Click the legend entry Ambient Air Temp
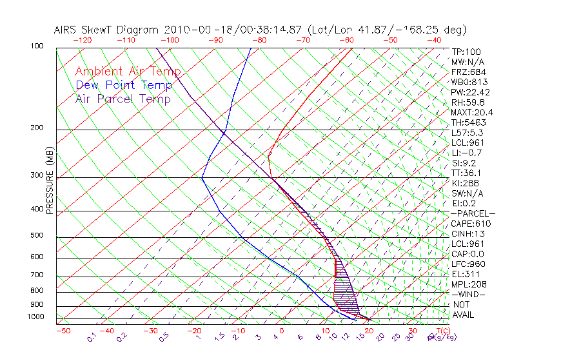click(x=128, y=72)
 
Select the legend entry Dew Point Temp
click(x=123, y=85)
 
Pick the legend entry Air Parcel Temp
click(x=123, y=99)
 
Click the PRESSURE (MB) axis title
click(x=50, y=181)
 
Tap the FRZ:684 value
click(x=467, y=72)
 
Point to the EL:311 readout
click(x=464, y=274)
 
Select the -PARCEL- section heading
click(x=473, y=213)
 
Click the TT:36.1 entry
click(x=467, y=173)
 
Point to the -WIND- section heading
click(x=468, y=295)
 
